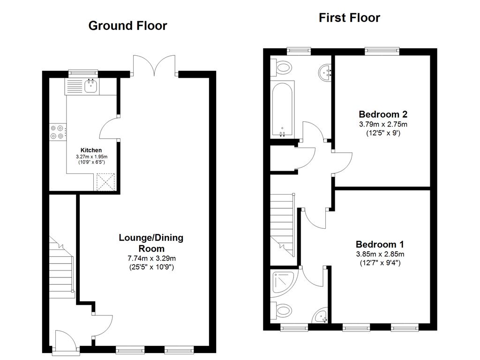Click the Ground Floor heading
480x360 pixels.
127,26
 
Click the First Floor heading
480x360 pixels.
349,18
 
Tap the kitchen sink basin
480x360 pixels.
91,86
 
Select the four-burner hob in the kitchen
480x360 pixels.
57,132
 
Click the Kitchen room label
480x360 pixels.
91,150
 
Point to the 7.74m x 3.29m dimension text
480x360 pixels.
151,258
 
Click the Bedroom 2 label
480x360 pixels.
383,114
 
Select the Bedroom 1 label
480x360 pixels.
380,244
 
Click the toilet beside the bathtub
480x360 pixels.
283,67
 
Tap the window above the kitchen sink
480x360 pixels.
83,73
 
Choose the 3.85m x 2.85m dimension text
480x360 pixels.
380,254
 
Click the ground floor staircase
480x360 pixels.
62,267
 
